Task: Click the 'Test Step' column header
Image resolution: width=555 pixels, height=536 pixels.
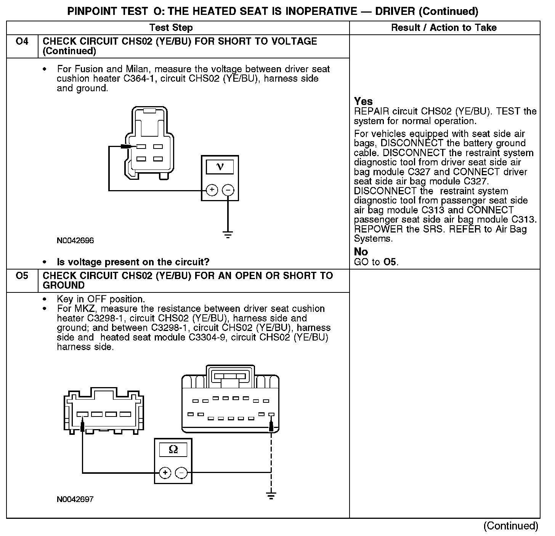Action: (x=171, y=27)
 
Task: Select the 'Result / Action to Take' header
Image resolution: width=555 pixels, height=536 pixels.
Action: (x=444, y=27)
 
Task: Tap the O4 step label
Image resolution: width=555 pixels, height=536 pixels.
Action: (x=22, y=41)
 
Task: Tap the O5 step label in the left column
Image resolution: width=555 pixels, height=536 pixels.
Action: (x=22, y=276)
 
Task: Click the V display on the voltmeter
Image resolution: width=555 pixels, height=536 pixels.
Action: (x=220, y=166)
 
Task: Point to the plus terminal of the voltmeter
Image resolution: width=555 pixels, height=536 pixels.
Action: (x=212, y=190)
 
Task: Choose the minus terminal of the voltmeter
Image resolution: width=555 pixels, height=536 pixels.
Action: (x=228, y=190)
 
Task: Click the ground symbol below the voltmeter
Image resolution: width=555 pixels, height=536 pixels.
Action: (x=228, y=234)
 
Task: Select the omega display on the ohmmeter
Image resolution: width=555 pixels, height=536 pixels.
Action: (x=173, y=450)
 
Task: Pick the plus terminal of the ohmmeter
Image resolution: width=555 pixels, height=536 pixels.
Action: (x=165, y=473)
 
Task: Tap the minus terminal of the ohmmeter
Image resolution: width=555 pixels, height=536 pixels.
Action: (x=181, y=473)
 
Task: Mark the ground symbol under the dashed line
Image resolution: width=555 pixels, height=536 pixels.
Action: (x=271, y=496)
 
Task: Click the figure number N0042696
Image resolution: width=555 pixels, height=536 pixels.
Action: (x=75, y=241)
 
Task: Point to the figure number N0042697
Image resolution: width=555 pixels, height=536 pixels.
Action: (x=75, y=499)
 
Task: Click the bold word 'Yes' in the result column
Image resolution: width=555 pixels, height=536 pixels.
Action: (x=363, y=101)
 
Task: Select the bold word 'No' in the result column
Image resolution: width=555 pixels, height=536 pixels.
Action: (x=361, y=252)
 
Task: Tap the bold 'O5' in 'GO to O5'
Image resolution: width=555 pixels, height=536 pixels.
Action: (x=390, y=262)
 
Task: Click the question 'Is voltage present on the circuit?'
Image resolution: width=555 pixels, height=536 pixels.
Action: (x=133, y=262)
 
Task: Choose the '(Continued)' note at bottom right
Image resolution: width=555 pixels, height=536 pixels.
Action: (x=510, y=526)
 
